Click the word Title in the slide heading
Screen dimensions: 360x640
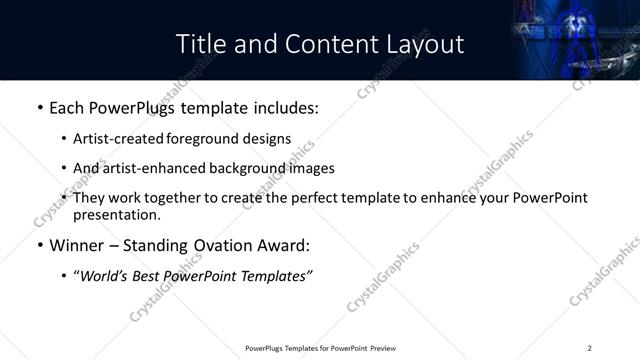click(201, 44)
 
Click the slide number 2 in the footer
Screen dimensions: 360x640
click(590, 348)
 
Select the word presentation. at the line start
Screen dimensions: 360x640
click(116, 214)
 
